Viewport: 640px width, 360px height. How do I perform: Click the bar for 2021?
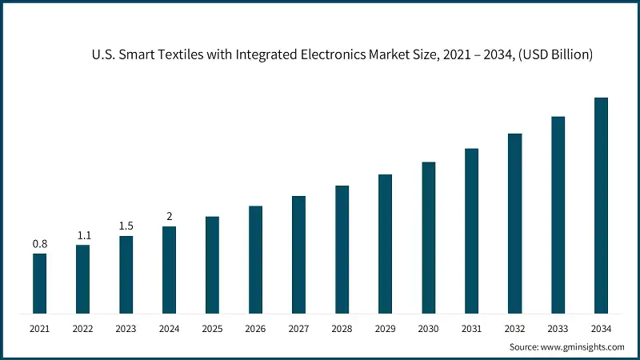pos(39,283)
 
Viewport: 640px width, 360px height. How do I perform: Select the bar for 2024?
pos(169,270)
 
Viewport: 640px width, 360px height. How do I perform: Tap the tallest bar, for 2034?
pos(601,205)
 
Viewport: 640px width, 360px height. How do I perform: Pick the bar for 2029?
pos(385,243)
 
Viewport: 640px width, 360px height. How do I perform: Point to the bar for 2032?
pos(514,223)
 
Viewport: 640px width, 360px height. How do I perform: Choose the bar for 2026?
pos(255,259)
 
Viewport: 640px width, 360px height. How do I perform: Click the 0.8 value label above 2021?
pos(39,243)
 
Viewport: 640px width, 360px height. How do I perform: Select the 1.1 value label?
pos(82,235)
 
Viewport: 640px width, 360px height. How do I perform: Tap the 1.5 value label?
pos(126,226)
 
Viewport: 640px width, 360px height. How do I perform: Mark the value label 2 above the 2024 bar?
pos(169,216)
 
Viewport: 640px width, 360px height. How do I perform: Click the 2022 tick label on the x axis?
pos(82,328)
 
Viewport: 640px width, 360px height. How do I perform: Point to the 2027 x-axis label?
pos(298,328)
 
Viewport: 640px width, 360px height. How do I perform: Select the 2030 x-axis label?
pos(428,328)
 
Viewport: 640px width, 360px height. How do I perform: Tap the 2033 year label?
pos(558,328)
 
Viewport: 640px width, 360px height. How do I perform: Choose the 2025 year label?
pos(212,328)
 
